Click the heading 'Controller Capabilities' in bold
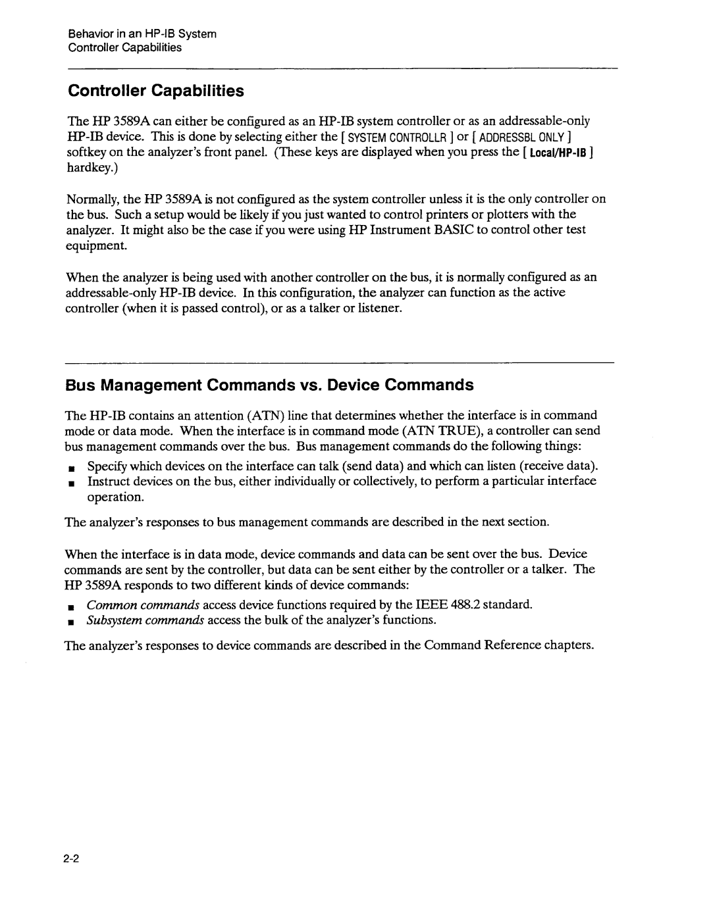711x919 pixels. tap(156, 91)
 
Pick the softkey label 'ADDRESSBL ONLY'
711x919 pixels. tap(524, 137)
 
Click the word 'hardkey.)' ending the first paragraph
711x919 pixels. tap(90, 168)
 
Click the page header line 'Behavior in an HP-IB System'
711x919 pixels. tap(142, 34)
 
